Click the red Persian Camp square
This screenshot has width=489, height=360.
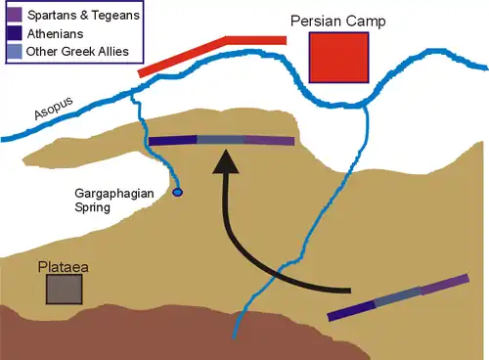(x=338, y=57)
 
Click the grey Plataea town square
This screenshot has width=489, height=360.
(x=65, y=290)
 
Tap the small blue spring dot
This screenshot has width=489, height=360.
(x=177, y=192)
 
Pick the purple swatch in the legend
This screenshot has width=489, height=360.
(x=16, y=16)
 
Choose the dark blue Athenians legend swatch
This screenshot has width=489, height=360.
(x=16, y=32)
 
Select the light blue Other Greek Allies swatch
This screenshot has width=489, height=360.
(x=16, y=49)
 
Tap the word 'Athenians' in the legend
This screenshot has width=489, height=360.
(x=55, y=32)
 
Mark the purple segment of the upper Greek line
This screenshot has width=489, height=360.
(x=269, y=141)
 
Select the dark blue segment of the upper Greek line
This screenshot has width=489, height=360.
(x=172, y=140)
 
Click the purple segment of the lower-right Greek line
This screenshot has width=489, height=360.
(x=445, y=285)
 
